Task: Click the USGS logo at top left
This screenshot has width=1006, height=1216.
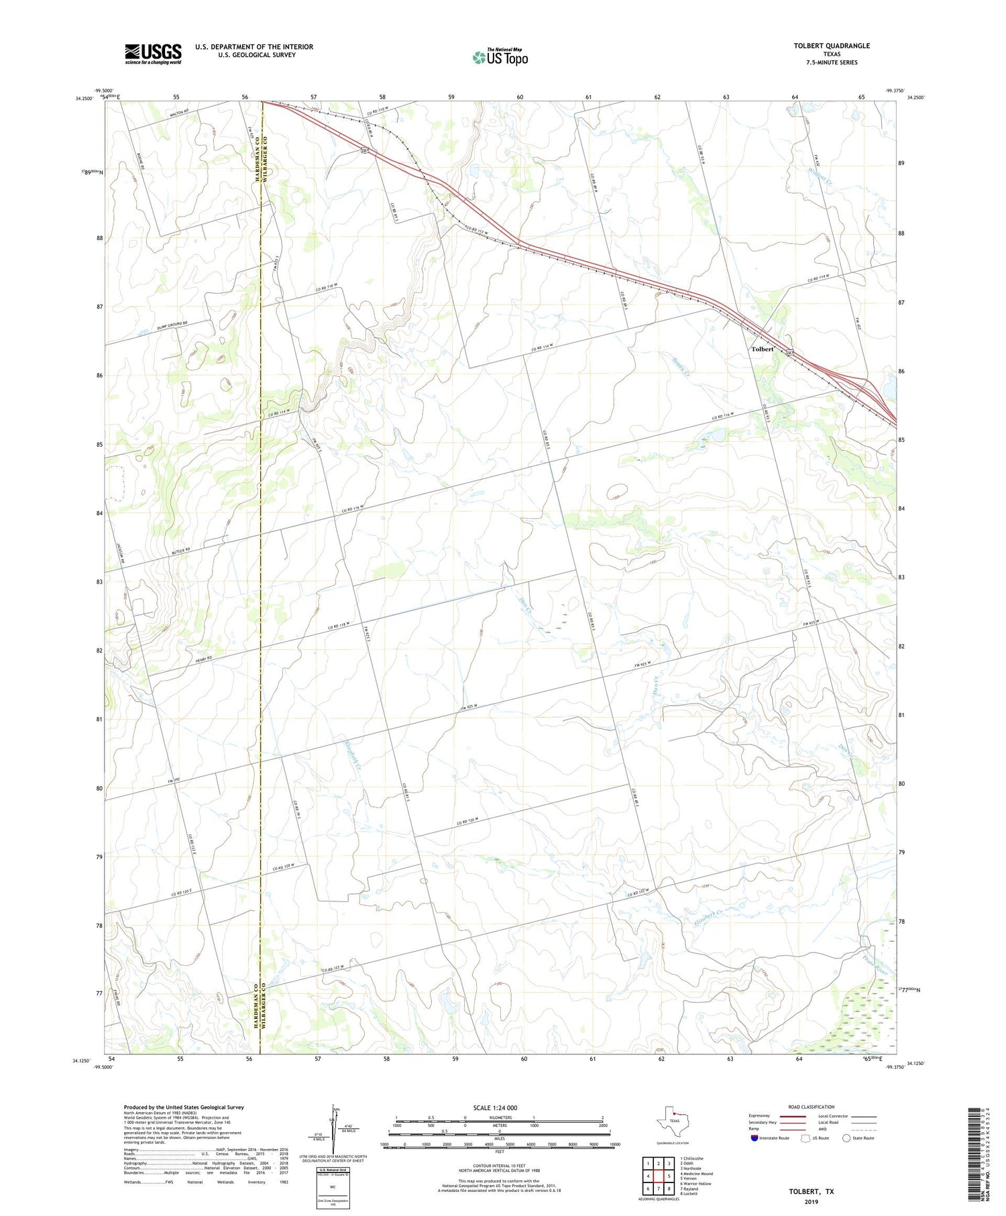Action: (x=153, y=54)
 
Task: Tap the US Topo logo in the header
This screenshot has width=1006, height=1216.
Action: (x=500, y=58)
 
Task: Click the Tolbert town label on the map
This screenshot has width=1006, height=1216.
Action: (x=763, y=349)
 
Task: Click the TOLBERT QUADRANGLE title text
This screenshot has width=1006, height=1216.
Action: (x=832, y=46)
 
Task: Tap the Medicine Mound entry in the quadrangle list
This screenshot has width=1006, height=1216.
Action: (x=698, y=1174)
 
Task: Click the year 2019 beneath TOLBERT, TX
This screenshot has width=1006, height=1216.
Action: (x=811, y=1202)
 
